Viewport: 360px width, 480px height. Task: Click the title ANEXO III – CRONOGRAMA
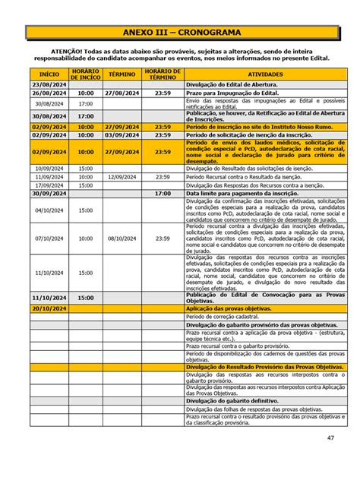point(179,33)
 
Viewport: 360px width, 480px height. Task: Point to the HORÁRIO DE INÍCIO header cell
point(85,74)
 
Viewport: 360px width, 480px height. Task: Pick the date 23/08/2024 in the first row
point(49,84)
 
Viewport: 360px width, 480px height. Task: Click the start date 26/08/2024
point(49,93)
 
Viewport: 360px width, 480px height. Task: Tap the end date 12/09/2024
point(122,176)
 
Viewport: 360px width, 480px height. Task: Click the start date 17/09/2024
point(49,185)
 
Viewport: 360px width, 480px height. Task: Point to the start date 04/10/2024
point(49,210)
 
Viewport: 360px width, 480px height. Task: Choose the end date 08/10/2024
point(122,238)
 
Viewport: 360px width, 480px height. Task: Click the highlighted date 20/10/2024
point(49,309)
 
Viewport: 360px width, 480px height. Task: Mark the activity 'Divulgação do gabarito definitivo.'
point(232,400)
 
